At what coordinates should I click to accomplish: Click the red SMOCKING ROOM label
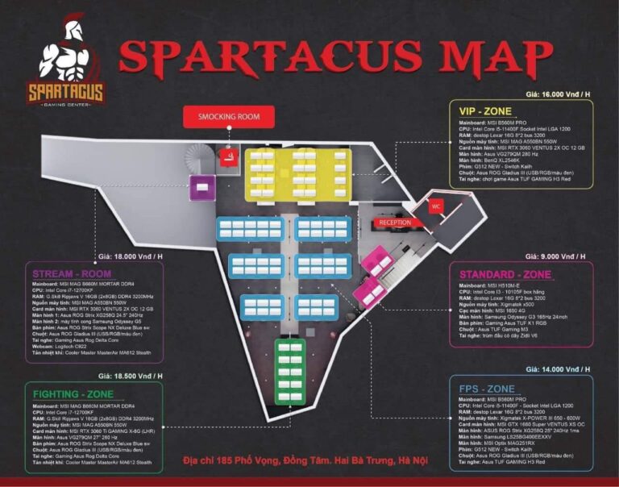click(x=229, y=116)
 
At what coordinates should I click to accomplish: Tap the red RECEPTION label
click(x=395, y=223)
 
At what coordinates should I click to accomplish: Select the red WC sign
click(x=436, y=205)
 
